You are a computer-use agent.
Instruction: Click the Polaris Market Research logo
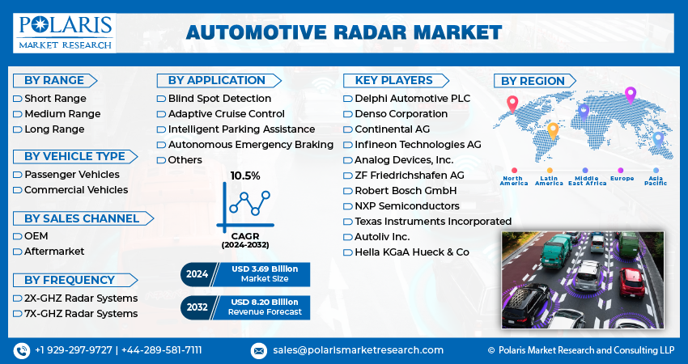click(x=65, y=33)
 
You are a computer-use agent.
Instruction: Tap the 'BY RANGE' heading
click(x=54, y=81)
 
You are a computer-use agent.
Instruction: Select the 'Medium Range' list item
click(x=62, y=114)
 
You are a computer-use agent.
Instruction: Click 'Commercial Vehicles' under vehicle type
click(x=76, y=190)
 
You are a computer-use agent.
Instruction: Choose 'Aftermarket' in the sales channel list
click(x=54, y=252)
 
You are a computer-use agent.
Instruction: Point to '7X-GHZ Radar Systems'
click(x=81, y=314)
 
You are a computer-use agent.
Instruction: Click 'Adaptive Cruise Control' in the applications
click(x=227, y=114)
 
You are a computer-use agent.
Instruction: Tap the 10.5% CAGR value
click(x=245, y=176)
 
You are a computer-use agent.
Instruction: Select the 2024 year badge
click(x=197, y=274)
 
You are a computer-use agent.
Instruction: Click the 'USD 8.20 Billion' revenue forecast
click(x=265, y=303)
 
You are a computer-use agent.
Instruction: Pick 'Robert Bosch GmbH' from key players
click(x=406, y=191)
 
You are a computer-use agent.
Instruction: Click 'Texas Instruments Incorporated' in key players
click(x=433, y=222)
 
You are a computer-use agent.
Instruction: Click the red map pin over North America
click(x=512, y=104)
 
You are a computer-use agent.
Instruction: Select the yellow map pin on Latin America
click(x=553, y=131)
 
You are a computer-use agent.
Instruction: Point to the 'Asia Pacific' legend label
click(x=656, y=180)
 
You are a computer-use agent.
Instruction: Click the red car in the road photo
click(x=631, y=283)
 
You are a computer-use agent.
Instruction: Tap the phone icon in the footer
click(x=22, y=350)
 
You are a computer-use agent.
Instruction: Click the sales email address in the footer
click(x=358, y=350)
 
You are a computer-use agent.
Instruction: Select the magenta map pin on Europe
click(x=630, y=95)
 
